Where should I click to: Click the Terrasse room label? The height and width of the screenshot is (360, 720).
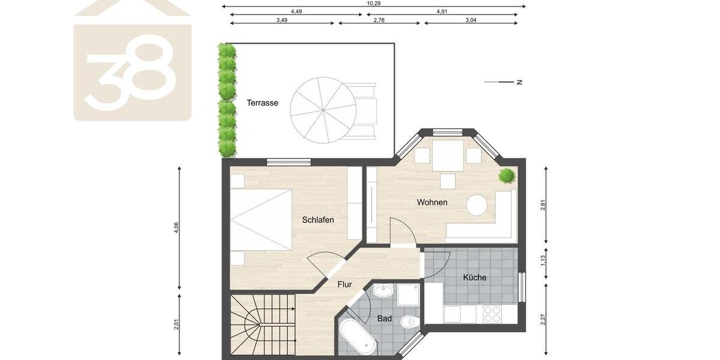tap(262, 103)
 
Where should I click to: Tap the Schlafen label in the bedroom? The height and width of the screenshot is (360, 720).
tap(318, 220)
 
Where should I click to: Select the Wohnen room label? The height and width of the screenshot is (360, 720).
tap(432, 202)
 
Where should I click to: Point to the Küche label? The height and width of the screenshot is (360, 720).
tap(475, 277)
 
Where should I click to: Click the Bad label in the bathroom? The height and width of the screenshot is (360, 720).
tap(385, 319)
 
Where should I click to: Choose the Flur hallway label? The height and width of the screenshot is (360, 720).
tap(344, 284)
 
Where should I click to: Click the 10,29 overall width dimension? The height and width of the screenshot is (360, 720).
tap(373, 3)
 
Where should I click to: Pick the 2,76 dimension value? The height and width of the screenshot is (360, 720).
tap(379, 20)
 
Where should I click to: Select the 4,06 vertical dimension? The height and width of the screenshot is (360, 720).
tap(176, 228)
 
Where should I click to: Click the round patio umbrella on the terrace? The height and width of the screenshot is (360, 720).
tap(323, 110)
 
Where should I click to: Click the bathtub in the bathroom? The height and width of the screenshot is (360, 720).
tap(358, 337)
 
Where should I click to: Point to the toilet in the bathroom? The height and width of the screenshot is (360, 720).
tap(409, 322)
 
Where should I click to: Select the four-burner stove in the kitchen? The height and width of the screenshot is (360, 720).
tap(492, 314)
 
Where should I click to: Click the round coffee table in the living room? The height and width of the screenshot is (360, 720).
tap(477, 205)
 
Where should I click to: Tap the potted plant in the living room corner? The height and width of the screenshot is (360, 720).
tap(507, 175)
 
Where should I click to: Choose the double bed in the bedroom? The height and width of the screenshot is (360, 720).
tap(261, 220)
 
